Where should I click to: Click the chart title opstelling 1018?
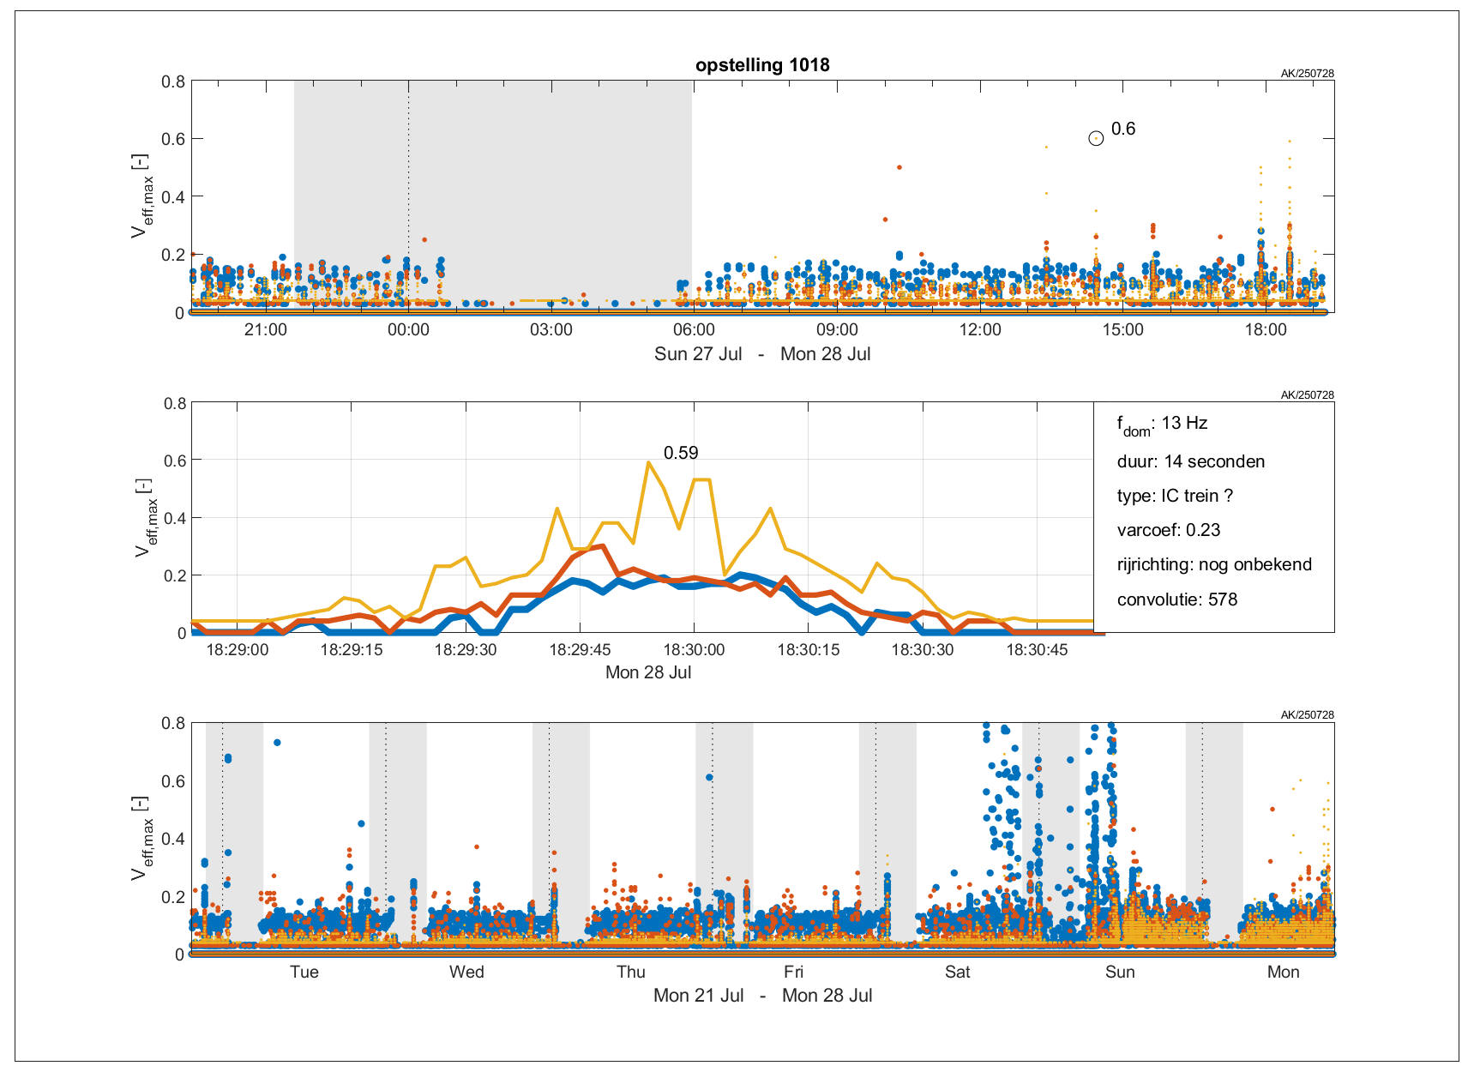[x=762, y=65]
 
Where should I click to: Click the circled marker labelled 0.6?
[x=1096, y=138]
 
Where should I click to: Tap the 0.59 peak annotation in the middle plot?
[x=681, y=453]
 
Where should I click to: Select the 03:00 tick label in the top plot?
[x=550, y=330]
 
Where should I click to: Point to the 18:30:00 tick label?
[x=694, y=650]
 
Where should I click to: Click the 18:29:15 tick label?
[x=352, y=650]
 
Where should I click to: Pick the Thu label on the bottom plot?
[x=630, y=972]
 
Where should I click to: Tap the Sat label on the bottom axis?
[x=957, y=972]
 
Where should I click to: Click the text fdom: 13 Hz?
[x=1162, y=424]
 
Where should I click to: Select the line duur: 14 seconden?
[x=1190, y=461]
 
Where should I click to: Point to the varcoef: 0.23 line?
[x=1168, y=530]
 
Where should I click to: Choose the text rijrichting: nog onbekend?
[x=1214, y=564]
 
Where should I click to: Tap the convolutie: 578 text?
[x=1176, y=599]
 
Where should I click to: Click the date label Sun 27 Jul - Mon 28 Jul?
[x=762, y=354]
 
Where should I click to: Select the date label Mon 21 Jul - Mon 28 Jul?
[x=762, y=996]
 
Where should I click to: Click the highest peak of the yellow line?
[x=648, y=462]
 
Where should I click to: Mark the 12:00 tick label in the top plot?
[x=980, y=330]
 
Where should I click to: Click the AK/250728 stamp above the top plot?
[x=1307, y=74]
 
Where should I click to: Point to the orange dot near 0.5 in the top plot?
[x=899, y=167]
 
